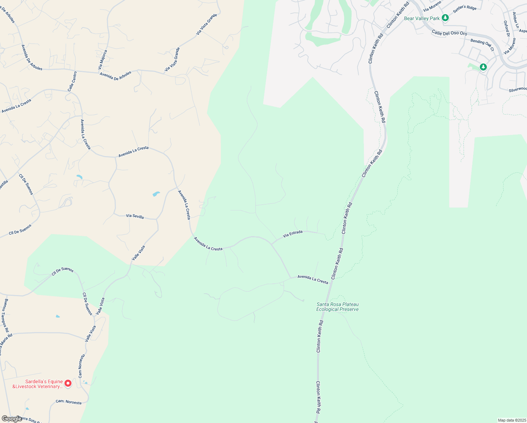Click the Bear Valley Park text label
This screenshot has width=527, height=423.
pos(422,18)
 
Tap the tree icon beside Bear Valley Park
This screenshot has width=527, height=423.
pos(445,18)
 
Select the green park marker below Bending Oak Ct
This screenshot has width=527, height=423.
pos(483,67)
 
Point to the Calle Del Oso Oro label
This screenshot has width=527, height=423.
pos(449,33)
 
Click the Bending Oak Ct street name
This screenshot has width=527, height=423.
pos(482,45)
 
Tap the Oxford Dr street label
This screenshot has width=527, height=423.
pos(507,29)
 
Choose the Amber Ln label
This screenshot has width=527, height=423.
pos(516,20)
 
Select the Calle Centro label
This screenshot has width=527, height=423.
pos(72,81)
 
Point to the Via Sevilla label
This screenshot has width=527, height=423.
pos(135,216)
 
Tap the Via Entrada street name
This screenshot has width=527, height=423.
pos(293,233)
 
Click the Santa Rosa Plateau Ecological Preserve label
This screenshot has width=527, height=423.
pos(337,307)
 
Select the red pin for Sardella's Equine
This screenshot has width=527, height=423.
pos(68,383)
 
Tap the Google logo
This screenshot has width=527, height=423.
pos(11,419)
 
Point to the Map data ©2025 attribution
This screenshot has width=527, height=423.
pos(511,420)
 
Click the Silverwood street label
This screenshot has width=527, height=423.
pos(518,90)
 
